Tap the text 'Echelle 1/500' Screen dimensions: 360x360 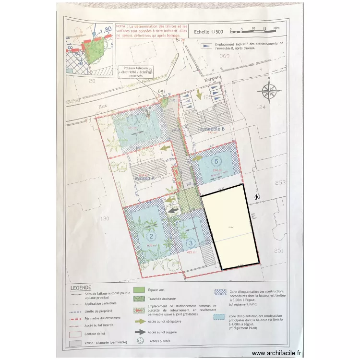click(x=209, y=32)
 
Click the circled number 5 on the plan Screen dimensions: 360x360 click(x=216, y=162)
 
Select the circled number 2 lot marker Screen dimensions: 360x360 click(x=152, y=236)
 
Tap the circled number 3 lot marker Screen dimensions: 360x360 click(x=192, y=243)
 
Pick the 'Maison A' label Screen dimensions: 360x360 click(x=146, y=179)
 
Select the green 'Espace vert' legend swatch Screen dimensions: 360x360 click(x=139, y=290)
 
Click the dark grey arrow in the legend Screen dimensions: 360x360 click(x=139, y=332)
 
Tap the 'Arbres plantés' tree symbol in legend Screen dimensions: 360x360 click(x=140, y=341)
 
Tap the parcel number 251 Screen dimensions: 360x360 click(x=280, y=250)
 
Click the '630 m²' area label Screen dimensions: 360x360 click(x=152, y=245)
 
